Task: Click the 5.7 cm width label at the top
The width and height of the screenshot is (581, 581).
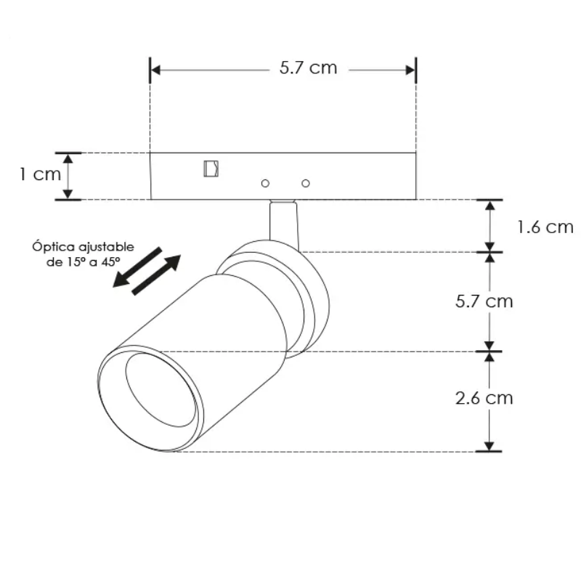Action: (x=308, y=68)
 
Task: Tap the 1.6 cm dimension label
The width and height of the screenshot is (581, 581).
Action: (x=545, y=227)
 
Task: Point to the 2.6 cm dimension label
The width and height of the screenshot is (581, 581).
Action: (x=484, y=398)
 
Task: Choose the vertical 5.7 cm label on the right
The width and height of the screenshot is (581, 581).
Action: (x=484, y=301)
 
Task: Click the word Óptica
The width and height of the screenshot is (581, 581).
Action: (x=51, y=247)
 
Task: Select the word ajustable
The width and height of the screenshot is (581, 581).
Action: (x=101, y=248)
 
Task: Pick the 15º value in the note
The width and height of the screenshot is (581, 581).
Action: (x=72, y=263)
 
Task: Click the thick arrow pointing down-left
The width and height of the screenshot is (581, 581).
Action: (x=137, y=267)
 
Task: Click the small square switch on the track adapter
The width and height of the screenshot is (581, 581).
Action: (x=211, y=168)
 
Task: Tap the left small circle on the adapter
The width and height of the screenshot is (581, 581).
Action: (x=266, y=183)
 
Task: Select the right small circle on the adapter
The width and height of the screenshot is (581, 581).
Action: (x=306, y=183)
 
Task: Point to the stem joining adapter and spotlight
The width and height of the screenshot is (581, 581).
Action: (x=283, y=221)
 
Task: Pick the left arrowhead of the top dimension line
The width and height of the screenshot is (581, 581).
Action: (x=155, y=70)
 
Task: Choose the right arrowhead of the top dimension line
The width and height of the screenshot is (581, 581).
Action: (x=411, y=70)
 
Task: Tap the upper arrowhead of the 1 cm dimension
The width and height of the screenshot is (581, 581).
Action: (x=68, y=158)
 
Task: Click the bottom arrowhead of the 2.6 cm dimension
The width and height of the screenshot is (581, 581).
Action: (x=491, y=445)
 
